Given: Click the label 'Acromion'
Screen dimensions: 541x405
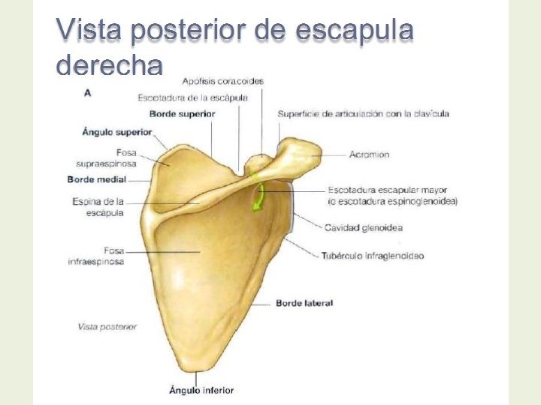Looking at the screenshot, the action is tap(369, 154).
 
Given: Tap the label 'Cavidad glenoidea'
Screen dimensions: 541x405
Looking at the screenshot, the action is tap(363, 227).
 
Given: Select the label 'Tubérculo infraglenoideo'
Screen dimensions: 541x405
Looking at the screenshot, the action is tap(373, 256).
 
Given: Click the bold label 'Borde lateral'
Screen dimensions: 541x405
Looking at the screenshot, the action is tap(304, 303).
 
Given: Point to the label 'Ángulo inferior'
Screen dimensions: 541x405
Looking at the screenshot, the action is tap(201, 390).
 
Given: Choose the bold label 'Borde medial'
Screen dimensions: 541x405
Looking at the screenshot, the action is tap(97, 180).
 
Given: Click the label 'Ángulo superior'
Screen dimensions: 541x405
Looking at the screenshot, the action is tap(116, 132).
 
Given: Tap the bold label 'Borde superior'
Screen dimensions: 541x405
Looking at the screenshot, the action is tap(182, 114).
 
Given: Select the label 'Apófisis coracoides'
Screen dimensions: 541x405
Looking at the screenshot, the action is tap(222, 81).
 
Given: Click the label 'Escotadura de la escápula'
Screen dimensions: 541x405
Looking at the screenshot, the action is tap(198, 97).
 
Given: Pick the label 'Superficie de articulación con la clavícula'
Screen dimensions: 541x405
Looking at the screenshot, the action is tap(363, 114).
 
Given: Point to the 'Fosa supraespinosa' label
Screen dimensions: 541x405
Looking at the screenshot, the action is tap(107, 158).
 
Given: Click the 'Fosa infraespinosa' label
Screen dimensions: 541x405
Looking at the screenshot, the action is tap(96, 256).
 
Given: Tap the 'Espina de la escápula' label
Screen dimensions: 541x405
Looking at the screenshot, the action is tap(98, 207).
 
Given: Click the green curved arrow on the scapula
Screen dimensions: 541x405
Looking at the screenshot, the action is tap(258, 194).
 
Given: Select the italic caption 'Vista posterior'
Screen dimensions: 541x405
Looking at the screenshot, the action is tap(107, 326).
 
